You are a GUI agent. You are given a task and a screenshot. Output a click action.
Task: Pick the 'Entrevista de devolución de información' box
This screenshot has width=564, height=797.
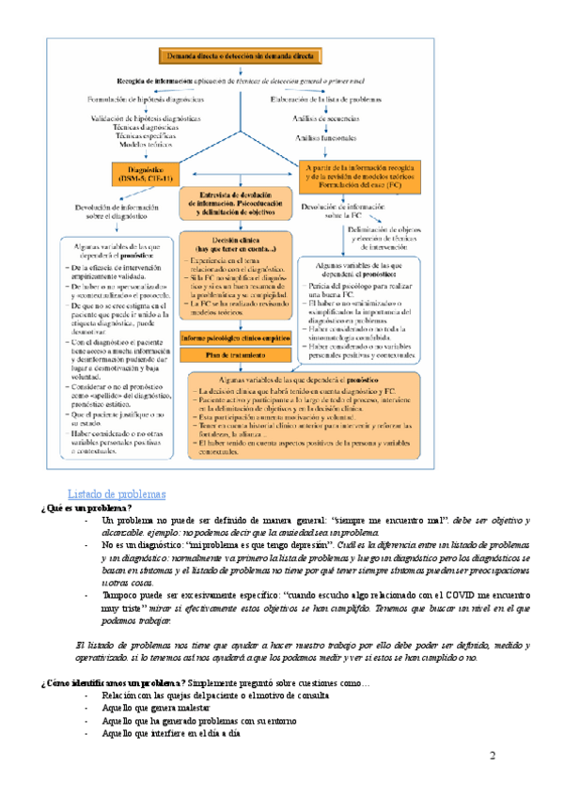pyautogui.click(x=240, y=200)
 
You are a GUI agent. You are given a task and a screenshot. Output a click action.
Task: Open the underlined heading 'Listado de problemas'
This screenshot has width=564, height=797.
pyautogui.click(x=117, y=494)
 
